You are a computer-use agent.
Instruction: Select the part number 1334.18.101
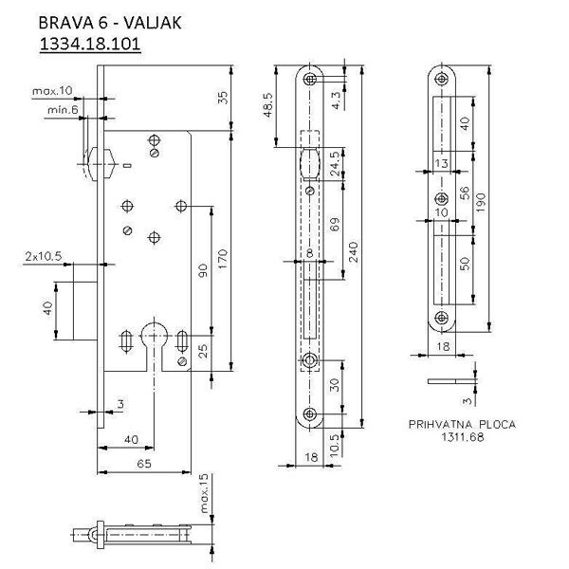(x=90, y=45)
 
